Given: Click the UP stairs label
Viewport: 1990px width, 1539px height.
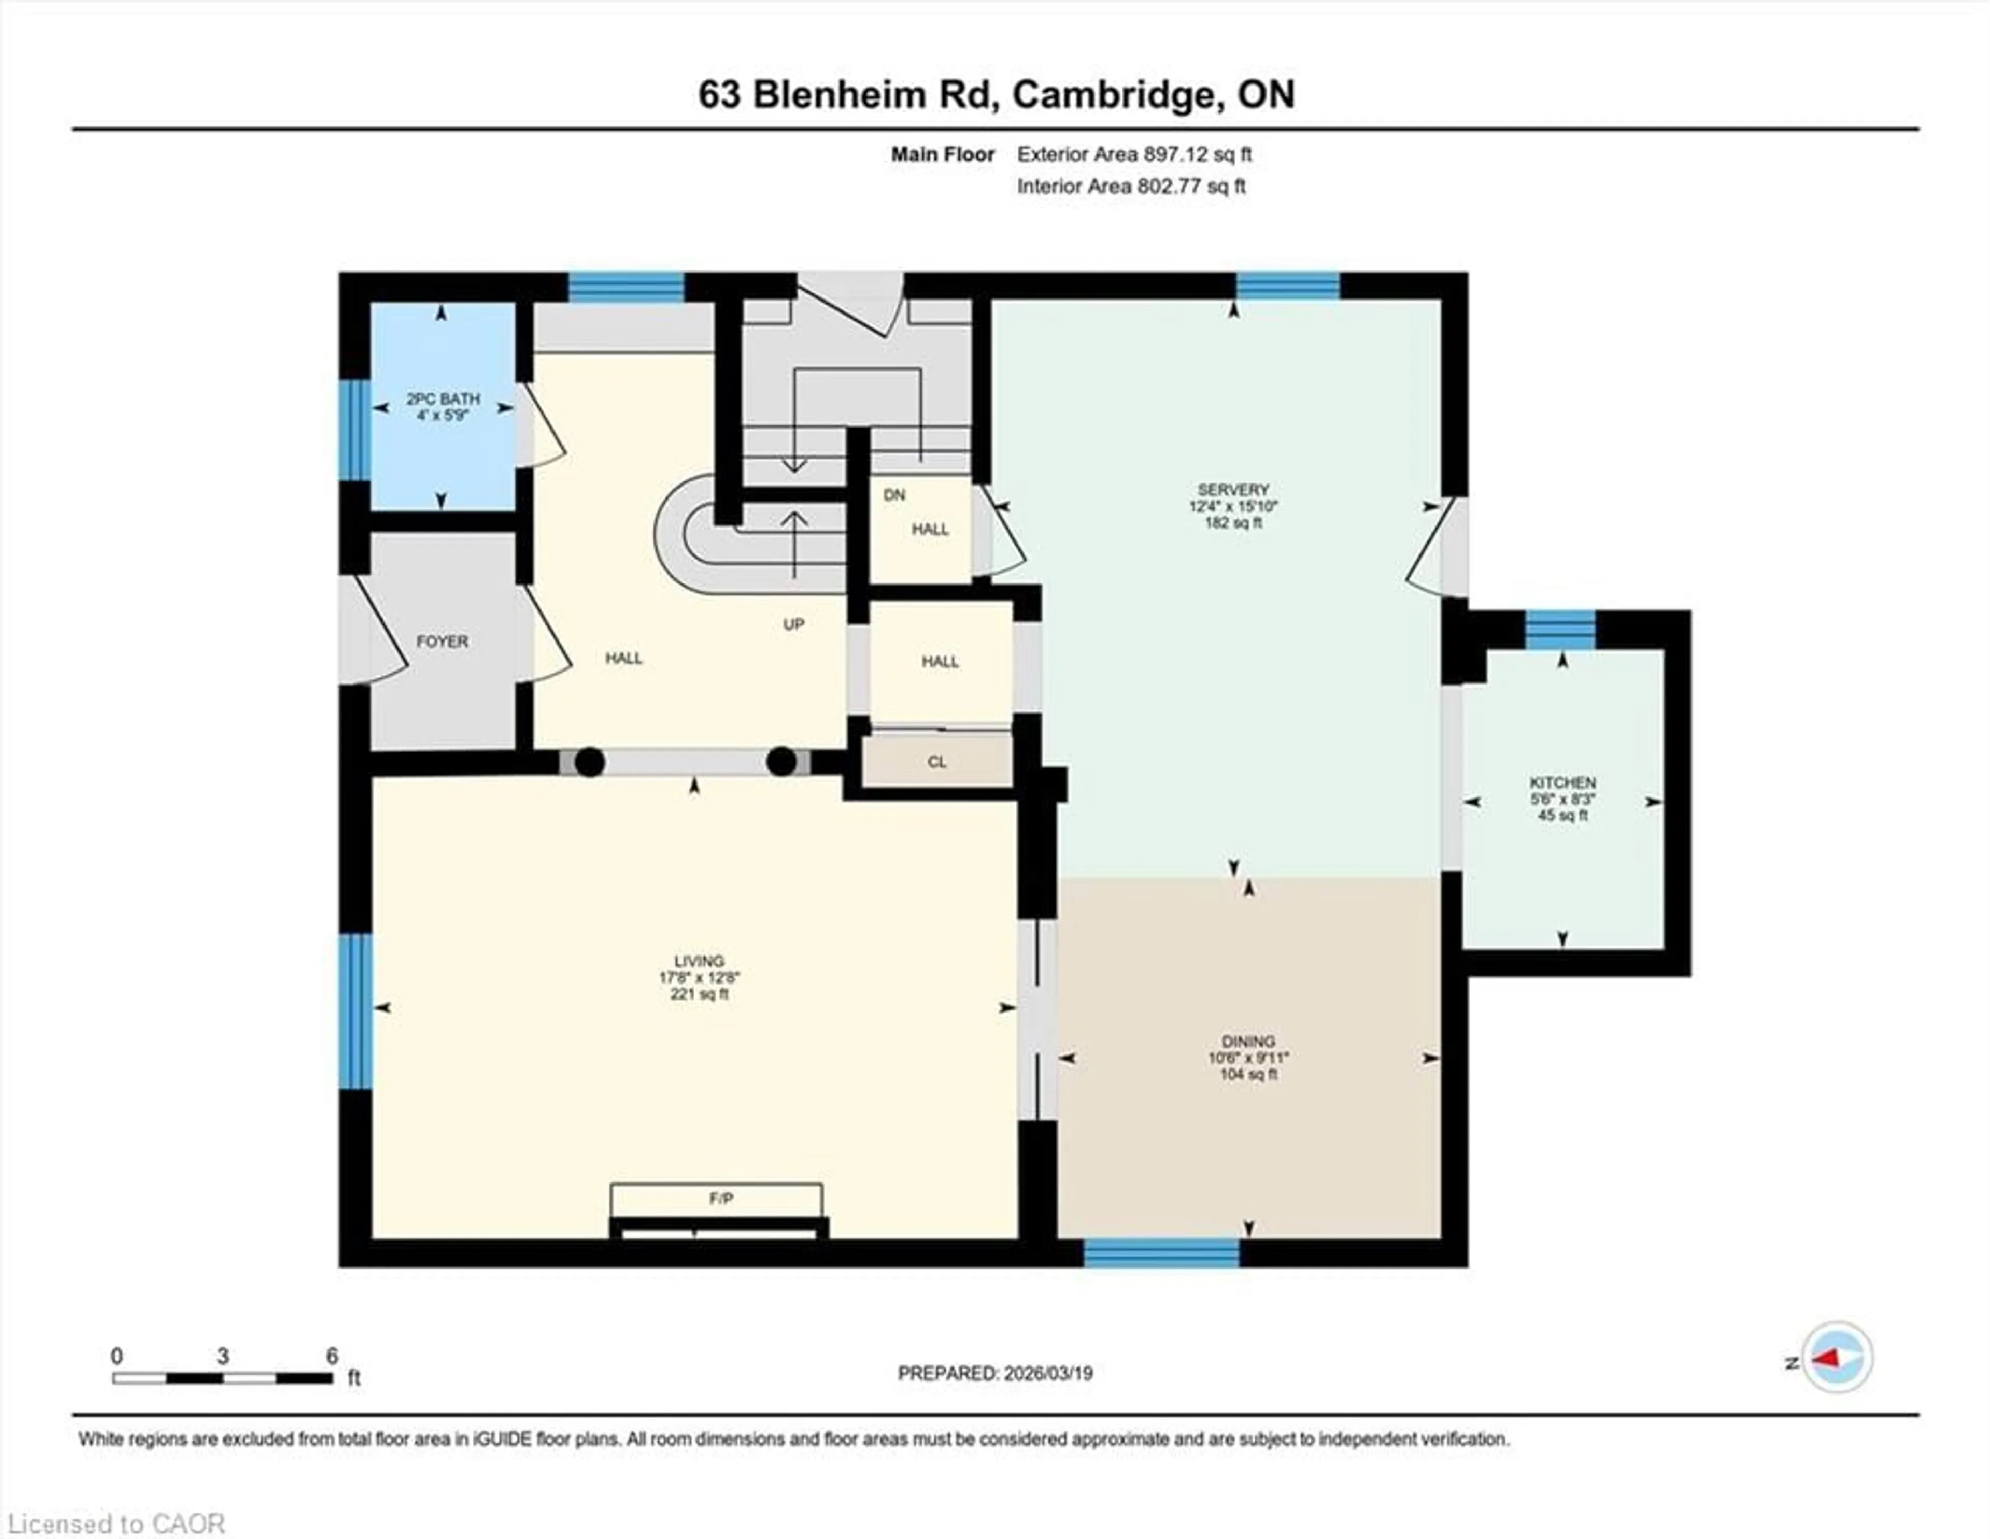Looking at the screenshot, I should (793, 624).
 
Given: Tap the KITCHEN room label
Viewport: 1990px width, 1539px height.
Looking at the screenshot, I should (1562, 782).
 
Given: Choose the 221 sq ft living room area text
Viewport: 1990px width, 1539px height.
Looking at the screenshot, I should (699, 994).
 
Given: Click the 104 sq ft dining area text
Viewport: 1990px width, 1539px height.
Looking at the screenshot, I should (1248, 1074).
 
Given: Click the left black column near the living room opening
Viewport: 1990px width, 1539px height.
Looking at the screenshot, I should (590, 762).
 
